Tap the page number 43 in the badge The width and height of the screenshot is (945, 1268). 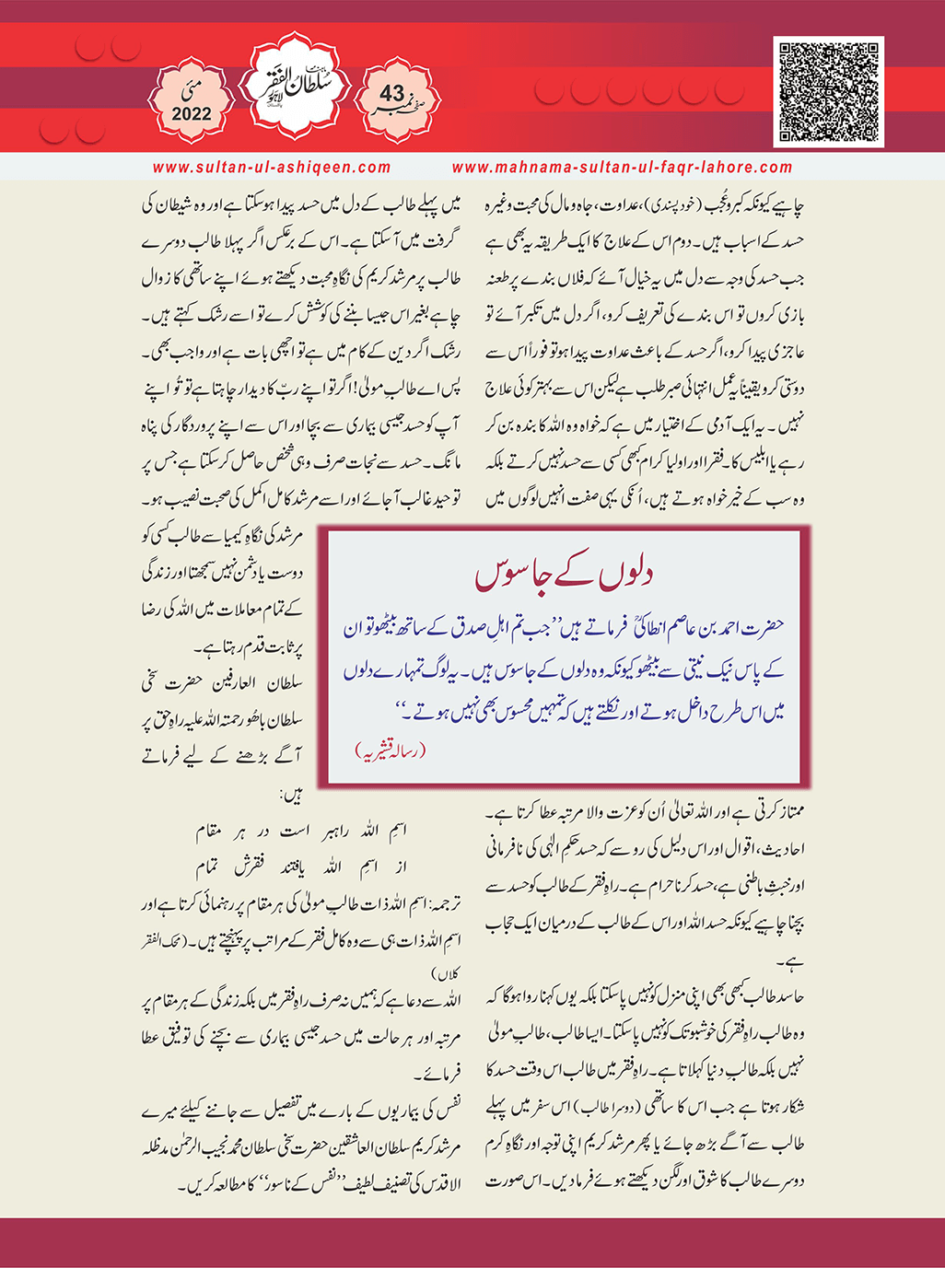[x=392, y=93]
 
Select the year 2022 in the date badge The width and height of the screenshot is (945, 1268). [x=191, y=114]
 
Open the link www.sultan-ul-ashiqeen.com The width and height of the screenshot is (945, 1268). [x=272, y=168]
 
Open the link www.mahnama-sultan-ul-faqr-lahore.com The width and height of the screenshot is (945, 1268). [x=622, y=168]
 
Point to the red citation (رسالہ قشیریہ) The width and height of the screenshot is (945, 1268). [x=391, y=750]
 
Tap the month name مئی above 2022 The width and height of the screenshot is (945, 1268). [x=192, y=89]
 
